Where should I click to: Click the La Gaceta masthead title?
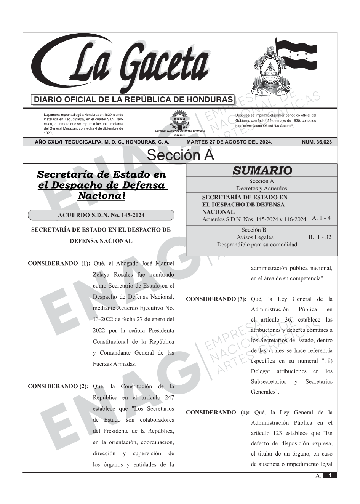pos(126,65)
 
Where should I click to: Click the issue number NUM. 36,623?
pos(317,142)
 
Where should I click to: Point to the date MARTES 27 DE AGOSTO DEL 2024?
pos(229,142)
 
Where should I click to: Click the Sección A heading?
pos(180,155)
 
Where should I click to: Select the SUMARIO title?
pos(262,171)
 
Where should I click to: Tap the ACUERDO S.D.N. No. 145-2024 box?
pos(101,215)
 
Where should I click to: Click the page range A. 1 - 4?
pos(321,218)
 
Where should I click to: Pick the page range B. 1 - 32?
pos(320,237)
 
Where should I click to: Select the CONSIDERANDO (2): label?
pos(58,386)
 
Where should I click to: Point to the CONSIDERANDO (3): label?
pos(216,299)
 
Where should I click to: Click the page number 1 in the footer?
pos(330,475)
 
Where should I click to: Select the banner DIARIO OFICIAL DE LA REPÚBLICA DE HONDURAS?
pos(133,100)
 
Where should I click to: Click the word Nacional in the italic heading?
pos(101,196)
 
